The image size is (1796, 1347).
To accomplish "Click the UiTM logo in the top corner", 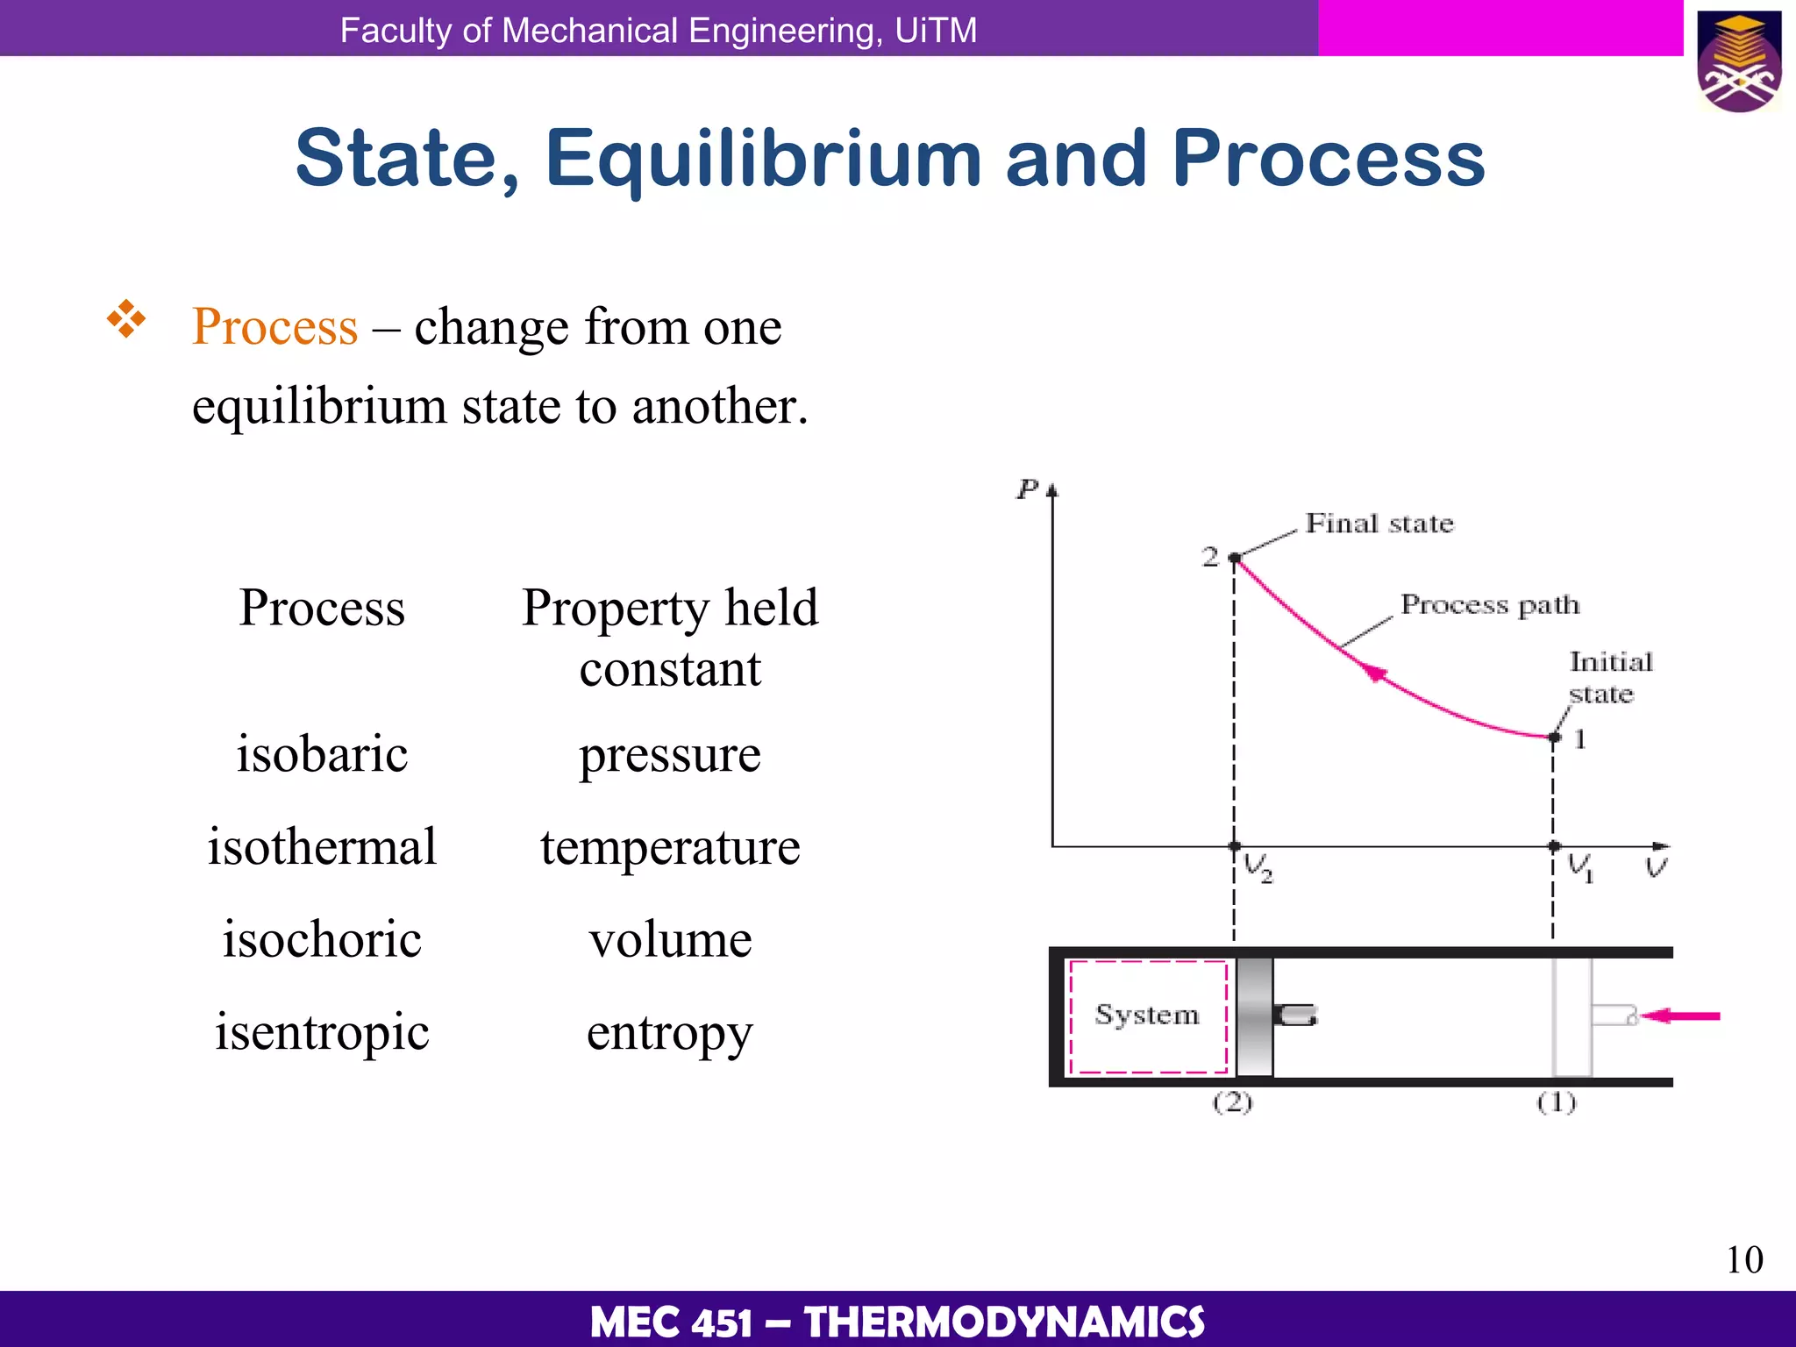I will coord(1739,61).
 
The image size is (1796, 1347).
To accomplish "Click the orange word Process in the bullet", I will coord(274,326).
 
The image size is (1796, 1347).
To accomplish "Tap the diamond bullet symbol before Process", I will coord(126,318).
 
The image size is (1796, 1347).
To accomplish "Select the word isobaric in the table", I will coord(322,754).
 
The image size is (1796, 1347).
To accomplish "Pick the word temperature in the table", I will coord(670,847).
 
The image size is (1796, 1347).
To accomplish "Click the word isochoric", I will coord(322,939).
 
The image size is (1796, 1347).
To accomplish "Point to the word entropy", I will coord(669,1033).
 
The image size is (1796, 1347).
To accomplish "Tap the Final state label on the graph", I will coord(1379,524).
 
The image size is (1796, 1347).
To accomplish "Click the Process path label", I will coord(1489,605).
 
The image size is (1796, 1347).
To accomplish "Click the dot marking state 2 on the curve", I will coord(1235,558).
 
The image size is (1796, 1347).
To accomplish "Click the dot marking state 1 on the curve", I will coord(1555,738).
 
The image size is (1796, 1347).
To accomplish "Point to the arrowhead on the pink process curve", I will coord(1376,673).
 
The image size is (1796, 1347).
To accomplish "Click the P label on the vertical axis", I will coord(1027,489).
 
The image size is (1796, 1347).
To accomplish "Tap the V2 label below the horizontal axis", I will coord(1258,868).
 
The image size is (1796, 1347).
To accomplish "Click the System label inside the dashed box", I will coord(1146,1015).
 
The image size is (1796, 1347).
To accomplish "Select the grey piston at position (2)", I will coord(1254,1016).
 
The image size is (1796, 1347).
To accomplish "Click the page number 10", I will coord(1743,1260).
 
